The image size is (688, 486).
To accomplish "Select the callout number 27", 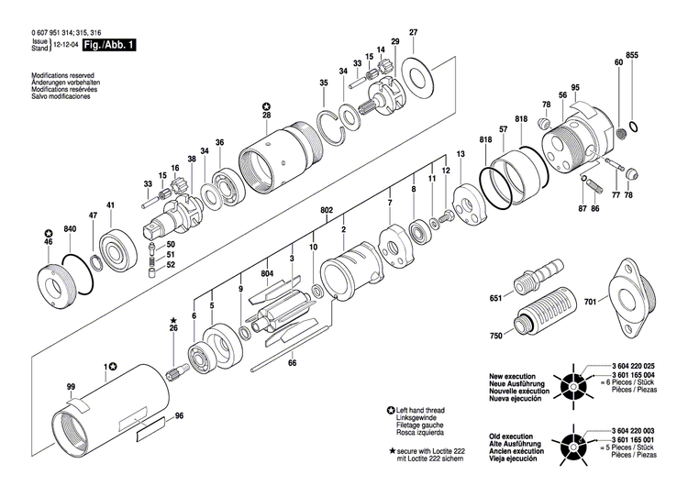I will click(413, 34).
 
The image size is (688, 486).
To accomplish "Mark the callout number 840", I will click(70, 227).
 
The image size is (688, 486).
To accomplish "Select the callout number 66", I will click(293, 363).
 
